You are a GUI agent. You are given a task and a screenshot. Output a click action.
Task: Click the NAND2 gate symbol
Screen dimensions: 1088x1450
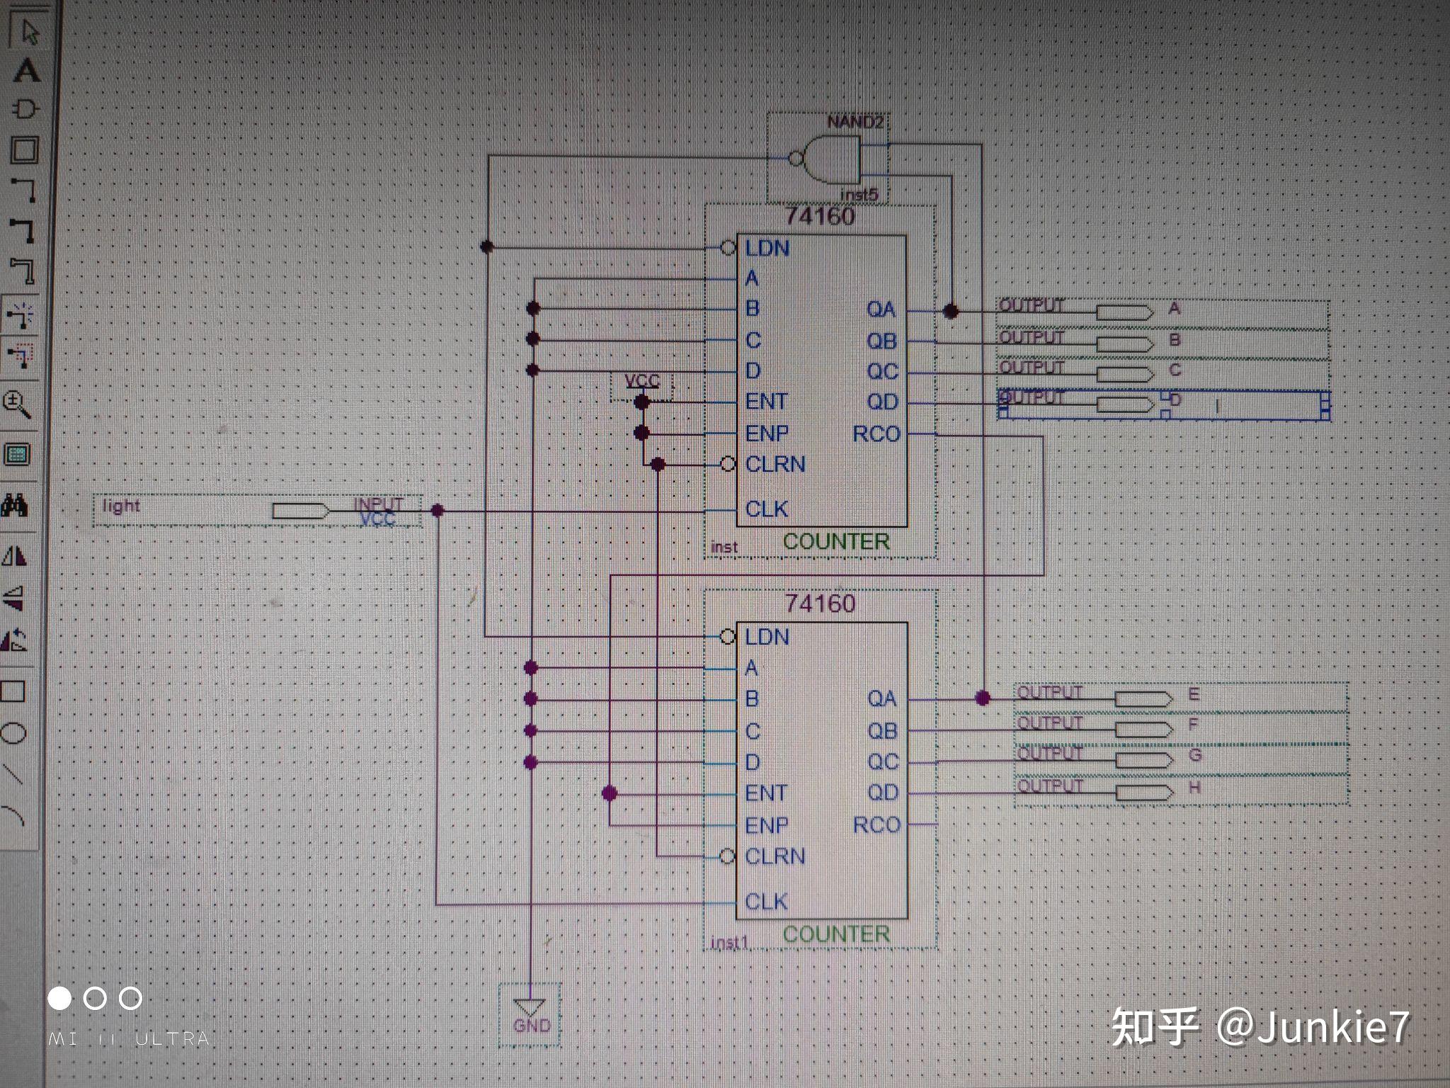click(828, 159)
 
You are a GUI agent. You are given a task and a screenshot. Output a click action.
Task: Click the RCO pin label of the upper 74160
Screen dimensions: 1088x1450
click(876, 433)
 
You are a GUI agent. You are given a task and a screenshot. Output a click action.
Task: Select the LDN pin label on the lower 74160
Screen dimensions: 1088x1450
click(767, 637)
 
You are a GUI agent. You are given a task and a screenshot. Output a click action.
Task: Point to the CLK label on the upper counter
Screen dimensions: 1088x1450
click(767, 509)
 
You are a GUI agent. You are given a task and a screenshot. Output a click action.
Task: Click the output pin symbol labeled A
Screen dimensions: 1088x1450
click(1124, 312)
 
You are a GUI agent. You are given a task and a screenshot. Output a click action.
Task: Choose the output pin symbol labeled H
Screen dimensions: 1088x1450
click(1143, 793)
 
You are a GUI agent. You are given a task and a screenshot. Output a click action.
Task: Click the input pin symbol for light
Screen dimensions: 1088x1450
click(300, 511)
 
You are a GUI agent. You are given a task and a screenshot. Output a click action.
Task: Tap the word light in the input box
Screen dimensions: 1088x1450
click(121, 506)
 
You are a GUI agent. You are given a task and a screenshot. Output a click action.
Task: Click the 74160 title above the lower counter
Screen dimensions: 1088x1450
click(821, 603)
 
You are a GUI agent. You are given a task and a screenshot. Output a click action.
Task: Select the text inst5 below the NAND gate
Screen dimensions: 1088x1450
click(859, 194)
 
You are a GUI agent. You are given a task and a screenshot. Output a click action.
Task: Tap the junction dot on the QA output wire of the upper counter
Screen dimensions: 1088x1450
click(951, 311)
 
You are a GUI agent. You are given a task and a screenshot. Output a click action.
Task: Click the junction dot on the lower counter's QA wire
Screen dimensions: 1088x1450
click(982, 698)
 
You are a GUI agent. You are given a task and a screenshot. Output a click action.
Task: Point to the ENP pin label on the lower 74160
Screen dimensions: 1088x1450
click(767, 825)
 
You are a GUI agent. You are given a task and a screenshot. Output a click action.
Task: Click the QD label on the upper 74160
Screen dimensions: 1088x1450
click(882, 402)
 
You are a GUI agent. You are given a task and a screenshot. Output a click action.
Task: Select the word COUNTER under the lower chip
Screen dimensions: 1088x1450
click(836, 934)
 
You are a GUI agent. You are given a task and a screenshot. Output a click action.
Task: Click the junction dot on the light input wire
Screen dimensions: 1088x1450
click(438, 510)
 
